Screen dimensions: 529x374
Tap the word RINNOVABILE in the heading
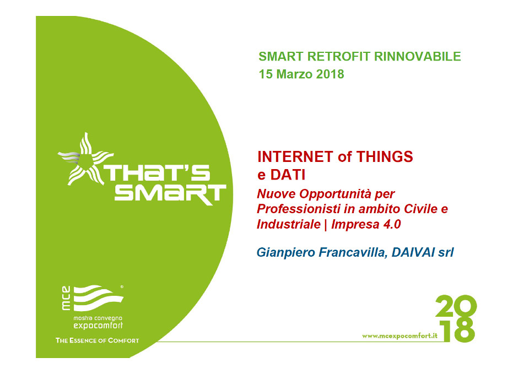point(417,56)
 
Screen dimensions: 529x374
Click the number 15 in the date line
point(266,74)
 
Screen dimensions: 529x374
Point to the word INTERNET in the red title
point(295,157)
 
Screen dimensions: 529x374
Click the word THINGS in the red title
point(385,157)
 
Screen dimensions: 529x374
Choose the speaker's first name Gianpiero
point(286,253)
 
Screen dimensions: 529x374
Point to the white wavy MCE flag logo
point(98,298)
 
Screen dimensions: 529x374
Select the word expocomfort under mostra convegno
point(98,326)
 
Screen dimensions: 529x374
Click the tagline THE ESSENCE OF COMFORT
point(97,340)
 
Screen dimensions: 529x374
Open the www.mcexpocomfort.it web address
point(400,336)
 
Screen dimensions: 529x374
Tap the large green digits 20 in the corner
point(456,306)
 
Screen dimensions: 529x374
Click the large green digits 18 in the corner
point(459,330)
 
